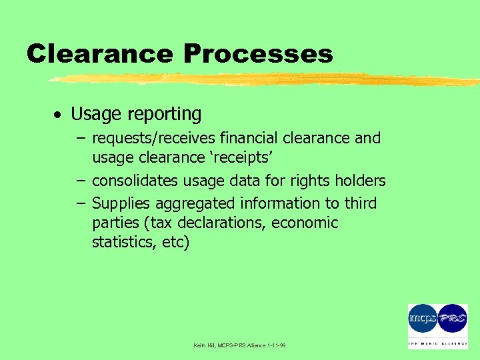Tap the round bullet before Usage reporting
[x=58, y=115]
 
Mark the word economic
[x=305, y=223]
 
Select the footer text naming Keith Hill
[x=239, y=345]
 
